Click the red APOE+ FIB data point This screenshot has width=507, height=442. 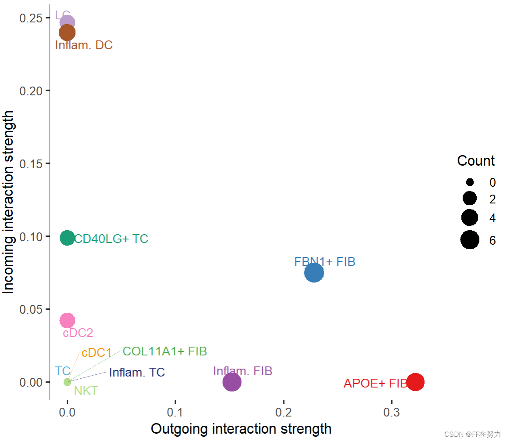point(415,382)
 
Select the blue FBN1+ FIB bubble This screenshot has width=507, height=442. point(314,273)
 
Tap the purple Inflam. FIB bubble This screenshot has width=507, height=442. point(232,382)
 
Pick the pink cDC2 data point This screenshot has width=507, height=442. point(67,320)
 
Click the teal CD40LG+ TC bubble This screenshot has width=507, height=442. point(67,238)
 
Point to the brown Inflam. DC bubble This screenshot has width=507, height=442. point(67,33)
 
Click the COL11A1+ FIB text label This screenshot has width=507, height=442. point(164,351)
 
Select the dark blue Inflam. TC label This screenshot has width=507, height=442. point(137,373)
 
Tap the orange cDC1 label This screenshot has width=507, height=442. point(96,353)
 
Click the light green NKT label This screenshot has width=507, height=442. point(86,391)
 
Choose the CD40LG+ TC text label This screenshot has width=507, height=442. point(111,239)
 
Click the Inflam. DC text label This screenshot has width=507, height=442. point(84,45)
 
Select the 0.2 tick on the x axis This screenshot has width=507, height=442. point(284,413)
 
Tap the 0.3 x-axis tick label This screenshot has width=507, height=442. point(392,413)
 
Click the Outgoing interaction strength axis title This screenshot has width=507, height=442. point(241,429)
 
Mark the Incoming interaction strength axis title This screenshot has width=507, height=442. point(9,202)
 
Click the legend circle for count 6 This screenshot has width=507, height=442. point(470,240)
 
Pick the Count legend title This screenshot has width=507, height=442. point(476,161)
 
